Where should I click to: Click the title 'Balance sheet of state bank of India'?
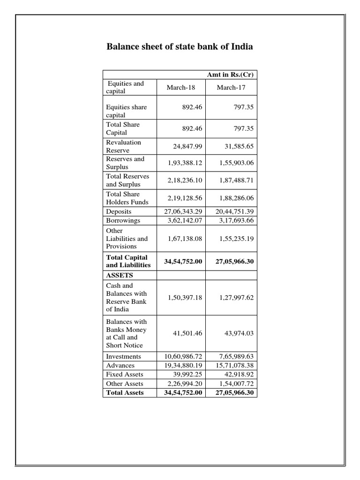(180, 47)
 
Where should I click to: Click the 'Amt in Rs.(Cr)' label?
(230, 75)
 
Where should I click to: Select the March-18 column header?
(180, 88)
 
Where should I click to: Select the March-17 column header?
(230, 88)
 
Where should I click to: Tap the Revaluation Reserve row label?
(123, 146)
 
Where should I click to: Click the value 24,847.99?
(184, 146)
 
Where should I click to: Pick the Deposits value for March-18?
(183, 211)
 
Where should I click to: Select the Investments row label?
(124, 356)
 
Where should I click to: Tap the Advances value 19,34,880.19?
(183, 365)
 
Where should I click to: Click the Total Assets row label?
(125, 392)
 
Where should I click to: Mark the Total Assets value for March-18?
(183, 392)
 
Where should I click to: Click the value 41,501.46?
(186, 333)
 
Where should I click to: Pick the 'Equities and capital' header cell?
(125, 87)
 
